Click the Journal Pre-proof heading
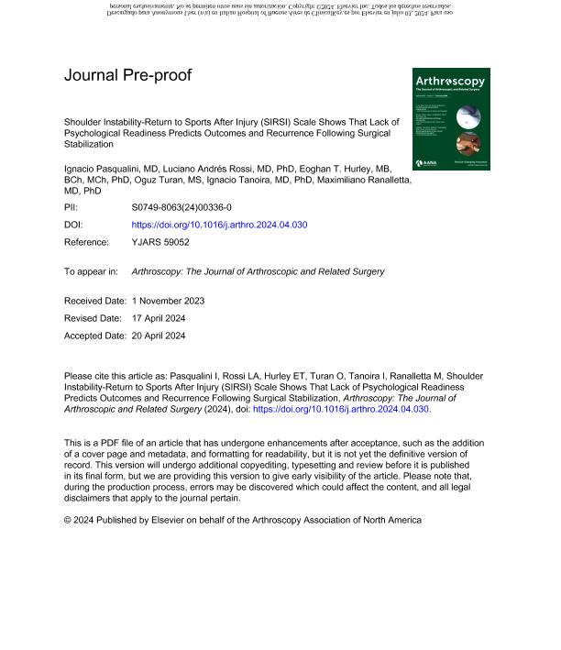click(127, 75)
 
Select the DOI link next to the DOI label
click(219, 225)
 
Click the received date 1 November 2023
click(168, 302)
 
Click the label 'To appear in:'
click(91, 271)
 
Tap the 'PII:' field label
click(72, 209)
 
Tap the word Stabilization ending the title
click(88, 145)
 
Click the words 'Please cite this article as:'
click(118, 376)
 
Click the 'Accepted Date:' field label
click(93, 336)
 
